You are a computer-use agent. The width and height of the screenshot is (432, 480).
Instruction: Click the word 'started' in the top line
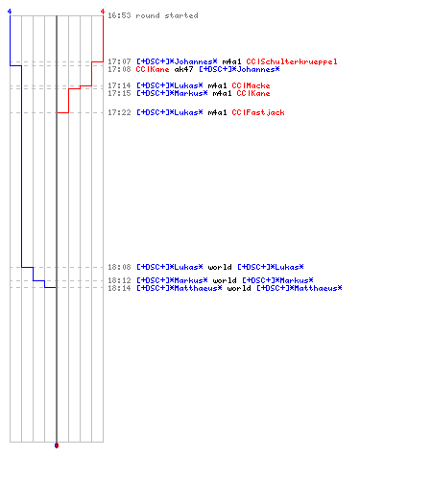(x=181, y=15)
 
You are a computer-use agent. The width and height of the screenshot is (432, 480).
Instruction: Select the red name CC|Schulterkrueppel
(x=292, y=61)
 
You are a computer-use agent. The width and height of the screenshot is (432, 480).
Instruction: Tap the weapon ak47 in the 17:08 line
(x=183, y=69)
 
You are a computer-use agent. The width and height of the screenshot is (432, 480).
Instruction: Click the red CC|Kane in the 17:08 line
(x=153, y=69)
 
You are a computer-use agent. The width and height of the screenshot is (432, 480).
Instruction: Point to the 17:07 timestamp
(x=119, y=61)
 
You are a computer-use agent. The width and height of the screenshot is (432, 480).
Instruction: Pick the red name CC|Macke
(x=251, y=85)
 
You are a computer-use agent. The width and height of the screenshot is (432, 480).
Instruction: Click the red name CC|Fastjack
(x=258, y=112)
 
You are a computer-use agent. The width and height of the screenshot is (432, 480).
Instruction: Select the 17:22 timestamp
(x=119, y=112)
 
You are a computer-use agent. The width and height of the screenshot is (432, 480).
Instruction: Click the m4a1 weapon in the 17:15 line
(x=222, y=93)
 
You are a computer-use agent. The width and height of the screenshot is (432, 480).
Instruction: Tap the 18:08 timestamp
(x=119, y=267)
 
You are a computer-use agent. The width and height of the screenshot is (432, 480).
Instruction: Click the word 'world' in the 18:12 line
(x=225, y=280)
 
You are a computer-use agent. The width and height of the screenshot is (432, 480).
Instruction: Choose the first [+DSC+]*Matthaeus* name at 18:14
(x=180, y=288)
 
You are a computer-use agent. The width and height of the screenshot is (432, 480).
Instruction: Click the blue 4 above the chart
(x=10, y=12)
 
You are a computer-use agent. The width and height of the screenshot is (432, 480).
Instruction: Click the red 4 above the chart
(x=103, y=12)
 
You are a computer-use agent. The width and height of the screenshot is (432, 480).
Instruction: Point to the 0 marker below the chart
(x=57, y=445)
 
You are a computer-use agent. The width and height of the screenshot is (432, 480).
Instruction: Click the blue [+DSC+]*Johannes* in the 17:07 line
(x=177, y=61)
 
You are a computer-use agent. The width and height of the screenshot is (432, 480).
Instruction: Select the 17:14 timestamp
(x=119, y=85)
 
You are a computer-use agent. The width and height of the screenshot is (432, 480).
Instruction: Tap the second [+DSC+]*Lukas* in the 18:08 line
(x=271, y=267)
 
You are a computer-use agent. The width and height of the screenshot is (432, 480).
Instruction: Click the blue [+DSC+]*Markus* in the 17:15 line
(x=172, y=93)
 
